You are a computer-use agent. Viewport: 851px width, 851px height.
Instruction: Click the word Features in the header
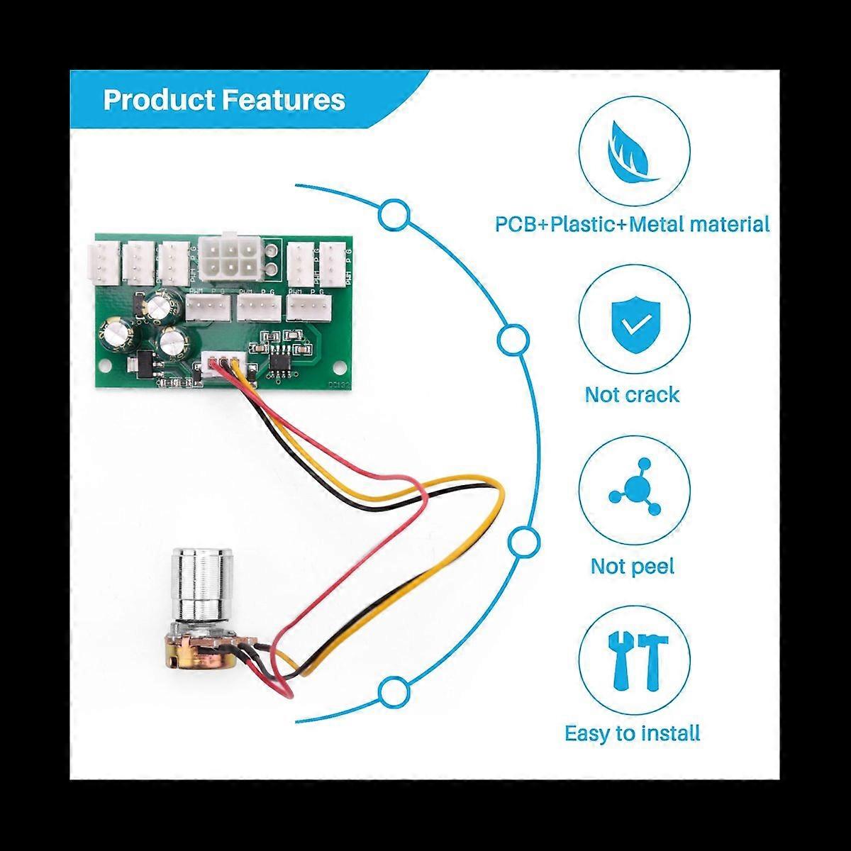tap(284, 100)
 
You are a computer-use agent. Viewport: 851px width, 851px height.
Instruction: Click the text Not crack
tap(632, 394)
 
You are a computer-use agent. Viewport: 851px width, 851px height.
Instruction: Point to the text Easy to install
tap(632, 733)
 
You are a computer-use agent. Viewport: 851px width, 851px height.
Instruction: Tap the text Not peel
tap(632, 566)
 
